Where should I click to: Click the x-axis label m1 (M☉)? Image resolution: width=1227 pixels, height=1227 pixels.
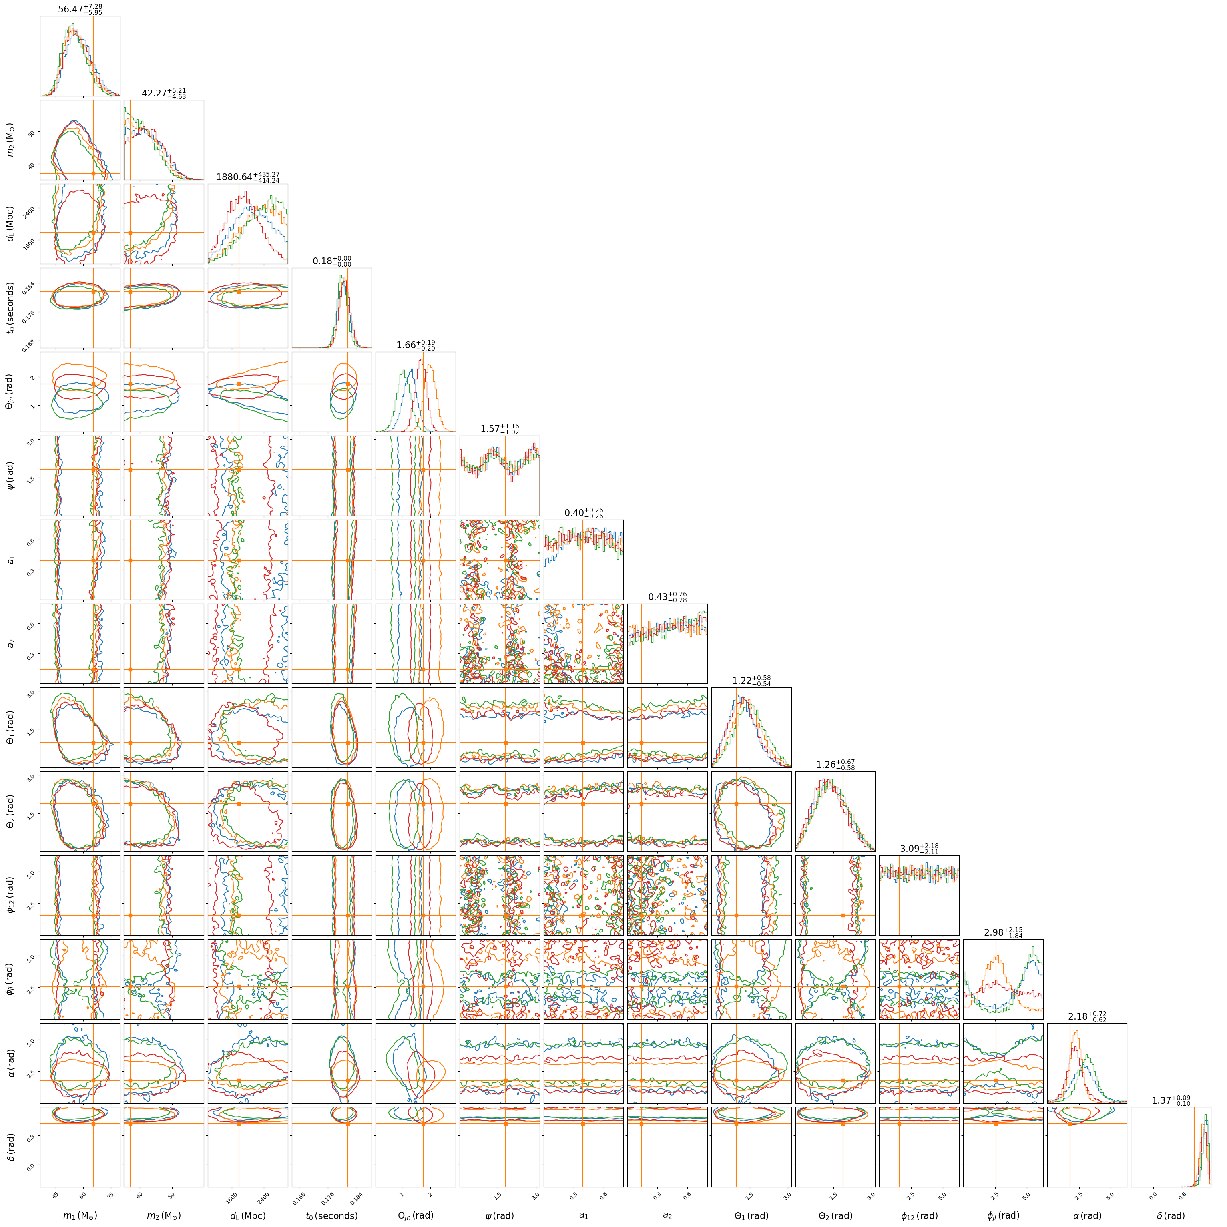pos(80,1215)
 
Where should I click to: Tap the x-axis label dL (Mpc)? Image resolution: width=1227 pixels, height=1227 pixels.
pos(248,1215)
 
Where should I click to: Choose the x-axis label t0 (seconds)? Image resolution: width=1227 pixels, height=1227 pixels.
pos(331,1215)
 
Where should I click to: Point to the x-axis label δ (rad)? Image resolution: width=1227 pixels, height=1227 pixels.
pos(1171,1215)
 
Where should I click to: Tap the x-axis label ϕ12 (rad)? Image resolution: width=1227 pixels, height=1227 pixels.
pos(919,1215)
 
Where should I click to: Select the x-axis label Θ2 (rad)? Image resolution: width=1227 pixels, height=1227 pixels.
pos(835,1215)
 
